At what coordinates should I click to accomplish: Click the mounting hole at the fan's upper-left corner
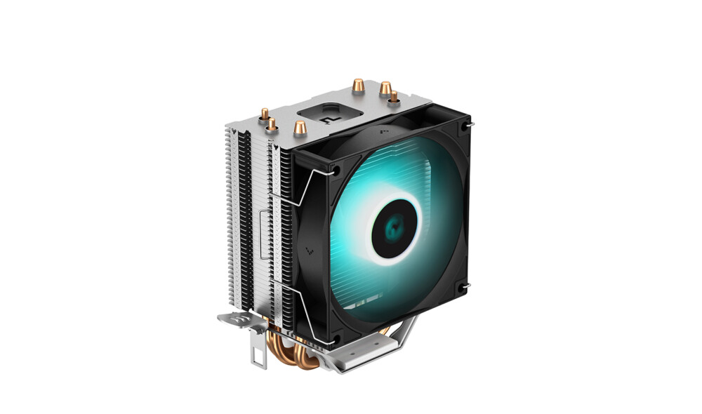336,170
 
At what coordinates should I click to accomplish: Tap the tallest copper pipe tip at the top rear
358,86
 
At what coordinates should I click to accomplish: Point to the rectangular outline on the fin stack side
263,228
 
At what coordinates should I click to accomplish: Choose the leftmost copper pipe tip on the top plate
264,114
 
